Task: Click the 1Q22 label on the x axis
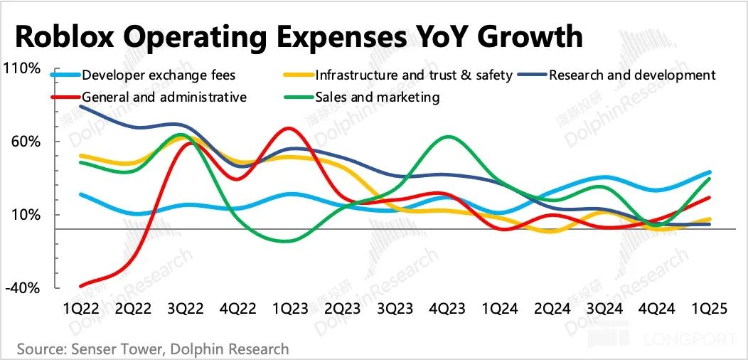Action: pyautogui.click(x=81, y=310)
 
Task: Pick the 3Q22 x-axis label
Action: pyautogui.click(x=185, y=310)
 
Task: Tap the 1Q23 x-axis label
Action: pyautogui.click(x=289, y=310)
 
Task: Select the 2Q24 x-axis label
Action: pyautogui.click(x=550, y=310)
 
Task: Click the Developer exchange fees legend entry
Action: pyautogui.click(x=159, y=75)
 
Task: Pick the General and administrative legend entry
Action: pyautogui.click(x=164, y=97)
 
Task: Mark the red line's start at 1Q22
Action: pyautogui.click(x=82, y=286)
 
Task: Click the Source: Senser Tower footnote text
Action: pyautogui.click(x=153, y=349)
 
